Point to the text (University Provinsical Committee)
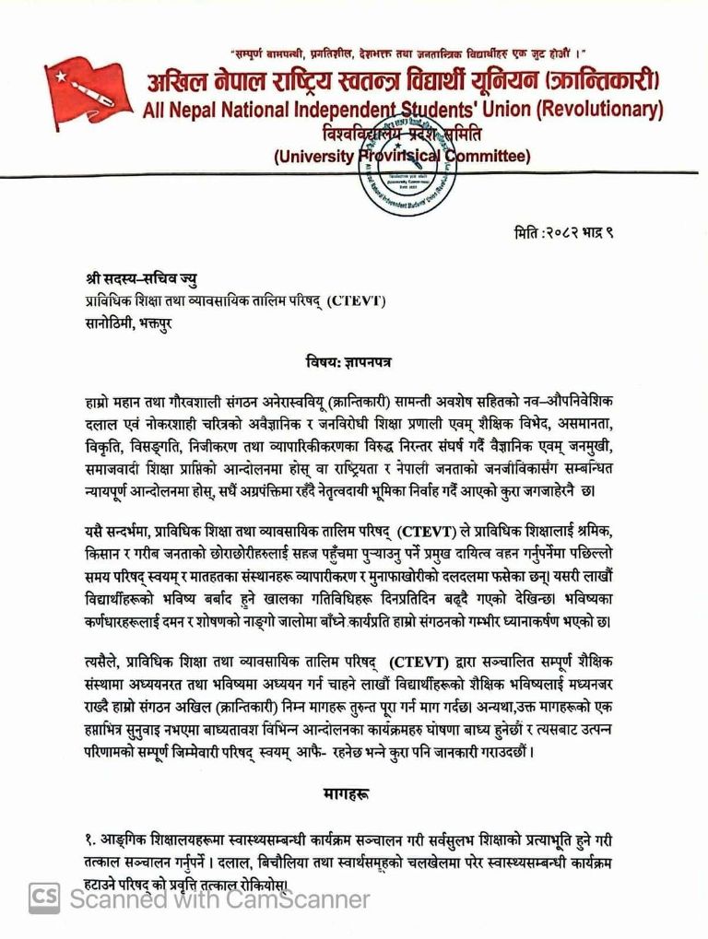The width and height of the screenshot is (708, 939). coord(402,156)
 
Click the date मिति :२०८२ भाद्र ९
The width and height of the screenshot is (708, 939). coord(563,234)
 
